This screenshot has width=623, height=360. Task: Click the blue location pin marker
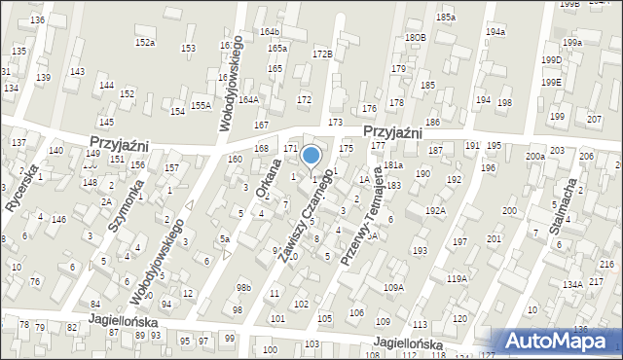pos(311,156)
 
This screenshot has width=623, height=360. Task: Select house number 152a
pos(145,43)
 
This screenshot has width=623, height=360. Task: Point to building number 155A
pos(201,105)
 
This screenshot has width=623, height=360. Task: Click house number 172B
pos(322,54)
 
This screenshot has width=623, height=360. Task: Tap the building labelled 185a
pos(446,18)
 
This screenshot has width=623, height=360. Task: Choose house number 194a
pos(496,32)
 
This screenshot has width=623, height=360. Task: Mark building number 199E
pos(552,83)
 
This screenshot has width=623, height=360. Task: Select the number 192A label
pos(435,210)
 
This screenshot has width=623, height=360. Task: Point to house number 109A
pos(393,287)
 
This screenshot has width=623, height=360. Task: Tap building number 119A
pos(457,279)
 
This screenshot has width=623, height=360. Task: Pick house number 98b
pos(243,287)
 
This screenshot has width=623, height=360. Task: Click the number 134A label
pos(571,284)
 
